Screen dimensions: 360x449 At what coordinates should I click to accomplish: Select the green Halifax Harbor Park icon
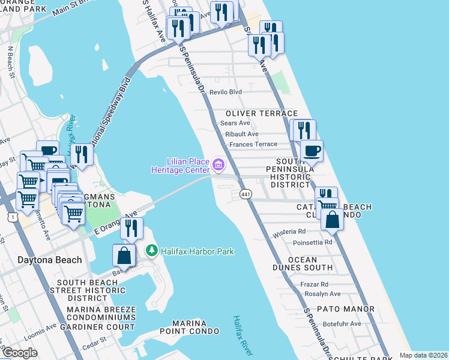[x=152, y=250]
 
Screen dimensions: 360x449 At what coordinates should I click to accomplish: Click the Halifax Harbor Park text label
[x=197, y=251]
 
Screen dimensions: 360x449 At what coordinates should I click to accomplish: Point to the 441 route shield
[x=246, y=194]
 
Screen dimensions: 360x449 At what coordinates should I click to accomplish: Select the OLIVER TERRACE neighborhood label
[x=261, y=113]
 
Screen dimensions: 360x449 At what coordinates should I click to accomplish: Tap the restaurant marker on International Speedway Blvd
[x=82, y=154]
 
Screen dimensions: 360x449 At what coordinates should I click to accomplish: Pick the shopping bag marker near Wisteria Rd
[x=333, y=221]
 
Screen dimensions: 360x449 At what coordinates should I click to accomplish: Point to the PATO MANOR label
[x=347, y=310]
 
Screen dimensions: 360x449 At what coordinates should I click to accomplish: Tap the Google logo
[x=19, y=353]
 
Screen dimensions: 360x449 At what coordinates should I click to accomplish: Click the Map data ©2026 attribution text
[x=423, y=355]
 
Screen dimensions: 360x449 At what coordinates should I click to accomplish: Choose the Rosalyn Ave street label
[x=322, y=294]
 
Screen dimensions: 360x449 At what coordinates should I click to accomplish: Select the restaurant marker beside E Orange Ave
[x=131, y=228]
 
